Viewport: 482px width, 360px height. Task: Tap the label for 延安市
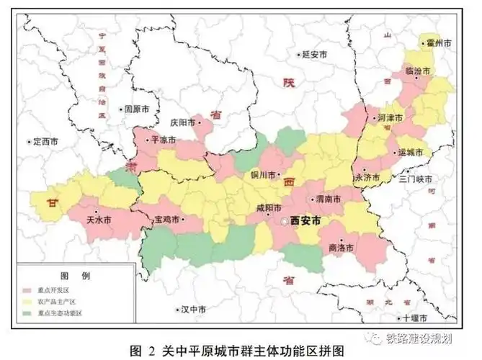(x=315, y=55)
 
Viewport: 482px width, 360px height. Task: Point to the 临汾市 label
(x=417, y=71)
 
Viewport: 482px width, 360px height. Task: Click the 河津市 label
(x=390, y=117)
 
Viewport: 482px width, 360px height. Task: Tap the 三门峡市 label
(x=416, y=179)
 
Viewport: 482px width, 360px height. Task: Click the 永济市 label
(x=368, y=176)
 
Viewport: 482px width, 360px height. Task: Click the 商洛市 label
(x=340, y=248)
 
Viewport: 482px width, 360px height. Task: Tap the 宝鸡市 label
(x=167, y=218)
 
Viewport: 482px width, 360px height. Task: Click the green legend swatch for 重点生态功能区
(x=29, y=314)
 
